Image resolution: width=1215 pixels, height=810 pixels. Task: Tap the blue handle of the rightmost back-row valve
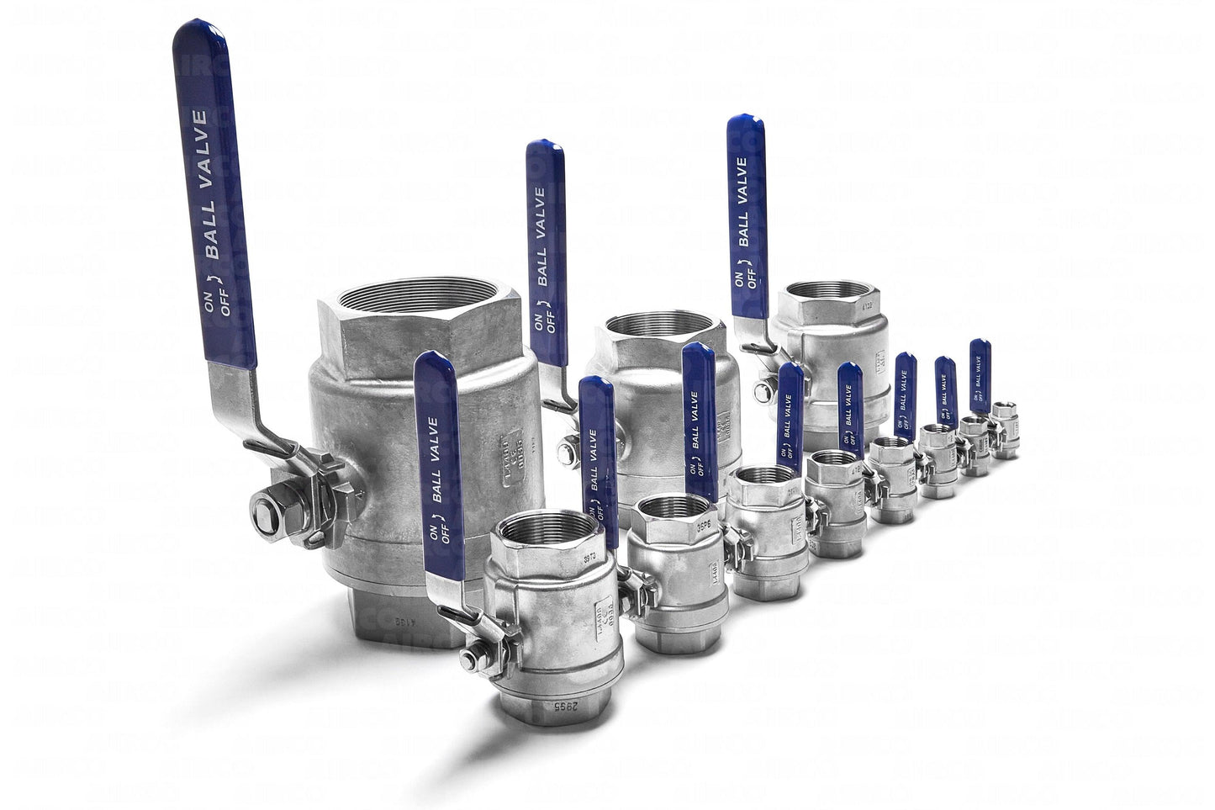tap(747, 202)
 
